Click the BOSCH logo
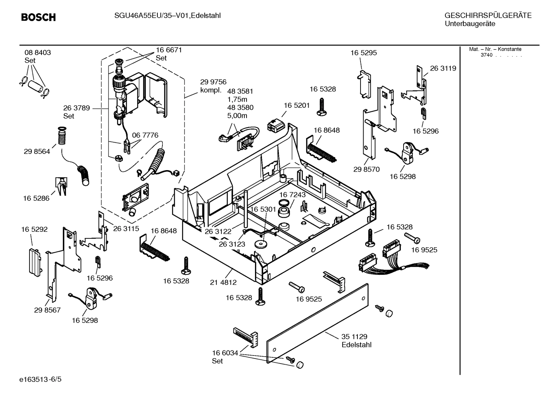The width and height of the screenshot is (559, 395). (38, 17)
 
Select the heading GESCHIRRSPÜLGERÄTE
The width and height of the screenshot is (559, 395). (488, 16)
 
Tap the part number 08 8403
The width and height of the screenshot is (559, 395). (38, 52)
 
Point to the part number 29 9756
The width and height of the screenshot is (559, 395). (213, 82)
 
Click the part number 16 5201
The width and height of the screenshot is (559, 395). (297, 105)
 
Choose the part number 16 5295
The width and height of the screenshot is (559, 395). (363, 53)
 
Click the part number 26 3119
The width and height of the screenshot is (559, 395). (443, 68)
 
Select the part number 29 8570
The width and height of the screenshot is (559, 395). (366, 169)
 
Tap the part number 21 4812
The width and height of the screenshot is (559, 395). (223, 283)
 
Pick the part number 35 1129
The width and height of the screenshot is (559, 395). (354, 336)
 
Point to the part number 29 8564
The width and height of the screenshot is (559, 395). (37, 152)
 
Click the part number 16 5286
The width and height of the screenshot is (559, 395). (36, 198)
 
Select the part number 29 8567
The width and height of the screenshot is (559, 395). (47, 310)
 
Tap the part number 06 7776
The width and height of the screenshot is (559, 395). (145, 135)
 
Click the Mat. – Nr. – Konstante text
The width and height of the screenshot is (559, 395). (495, 49)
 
